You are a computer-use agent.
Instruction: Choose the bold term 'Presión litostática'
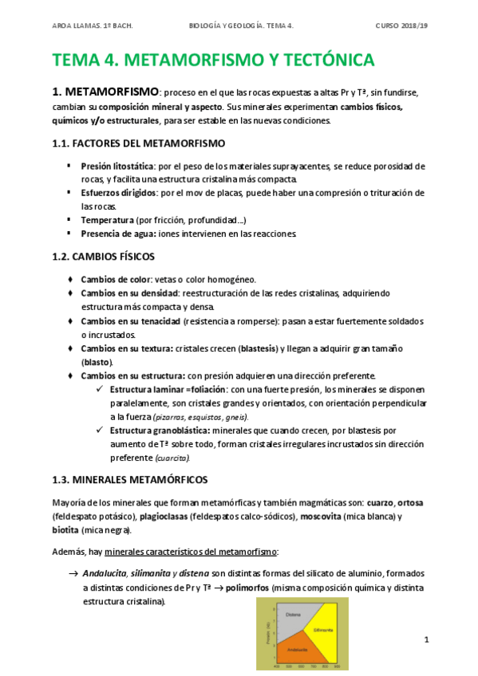pyautogui.click(x=117, y=167)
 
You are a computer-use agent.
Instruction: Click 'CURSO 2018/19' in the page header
pyautogui.click(x=402, y=25)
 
